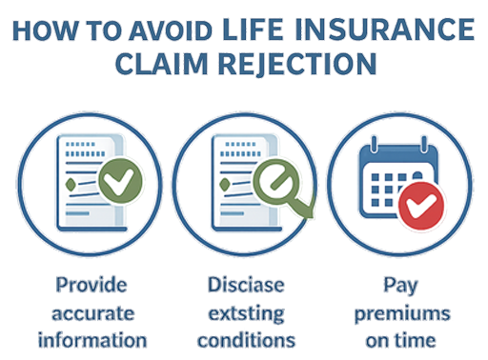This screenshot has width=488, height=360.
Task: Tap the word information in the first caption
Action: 92,338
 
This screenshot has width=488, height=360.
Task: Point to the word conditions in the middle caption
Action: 246,338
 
